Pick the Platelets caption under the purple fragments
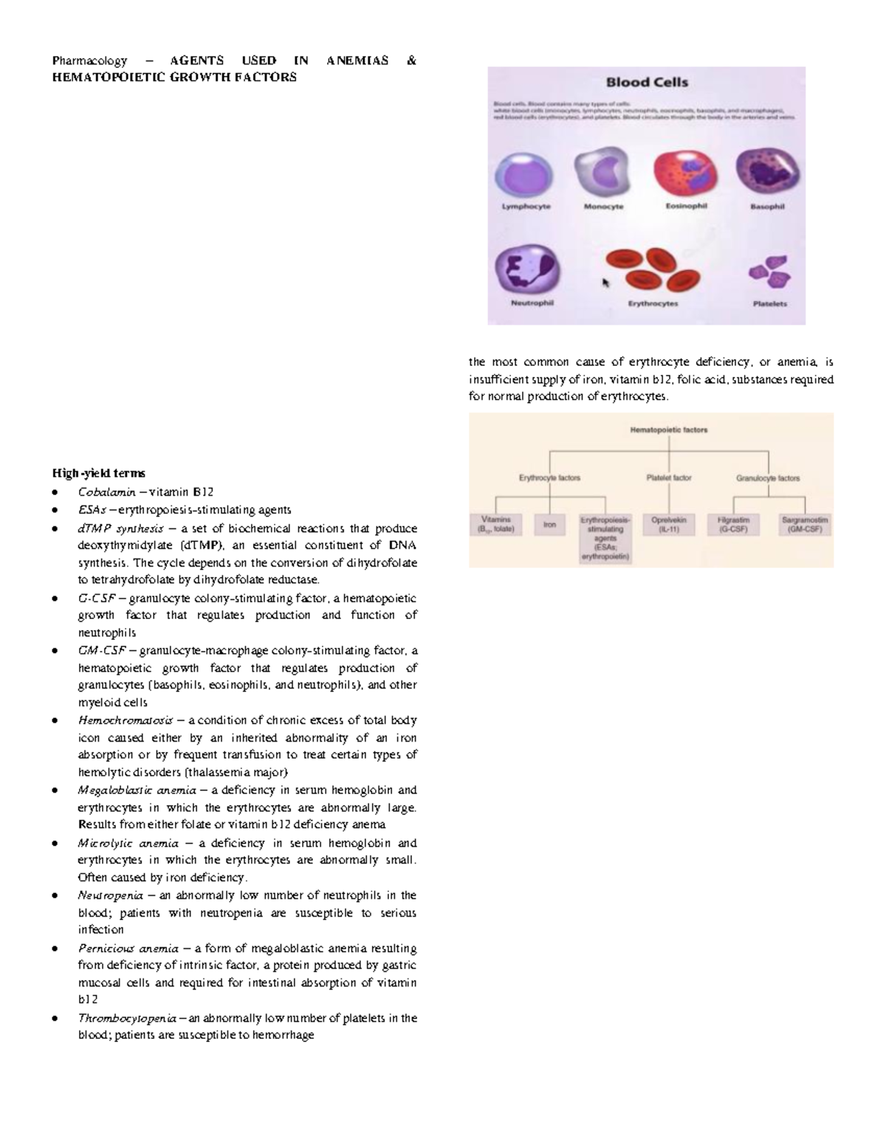click(769, 303)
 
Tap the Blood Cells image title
click(647, 83)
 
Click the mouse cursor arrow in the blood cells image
click(607, 283)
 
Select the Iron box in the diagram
click(550, 525)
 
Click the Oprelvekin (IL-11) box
click(669, 525)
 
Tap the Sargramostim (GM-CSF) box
click(804, 525)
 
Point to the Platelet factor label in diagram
click(669, 478)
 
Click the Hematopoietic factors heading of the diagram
click(668, 429)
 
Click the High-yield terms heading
click(98, 473)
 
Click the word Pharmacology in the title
click(89, 61)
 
